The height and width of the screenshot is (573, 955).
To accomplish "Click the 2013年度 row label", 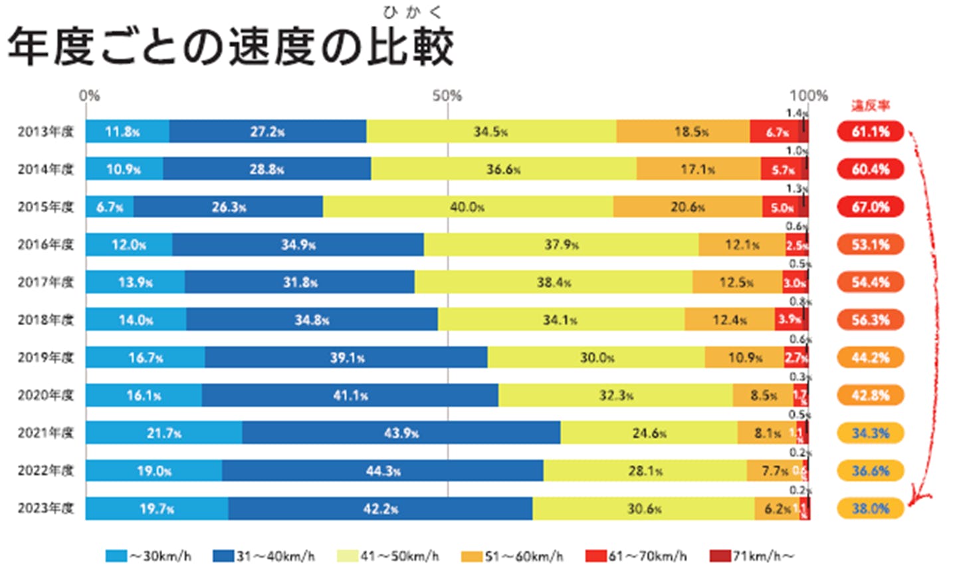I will tap(45, 132).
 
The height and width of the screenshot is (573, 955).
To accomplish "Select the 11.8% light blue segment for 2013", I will tap(127, 132).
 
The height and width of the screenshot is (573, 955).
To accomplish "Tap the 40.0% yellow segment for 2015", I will tap(467, 207).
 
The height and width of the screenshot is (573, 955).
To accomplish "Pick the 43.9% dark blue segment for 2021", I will tap(401, 433).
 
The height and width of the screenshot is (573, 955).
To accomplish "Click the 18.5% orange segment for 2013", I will tap(683, 132).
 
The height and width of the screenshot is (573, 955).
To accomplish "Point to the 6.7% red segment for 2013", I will tap(774, 132).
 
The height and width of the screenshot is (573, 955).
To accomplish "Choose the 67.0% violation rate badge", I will tap(870, 207).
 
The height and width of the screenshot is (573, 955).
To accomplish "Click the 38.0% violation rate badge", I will tap(870, 509).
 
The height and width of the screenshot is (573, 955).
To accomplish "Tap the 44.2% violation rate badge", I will tap(870, 358).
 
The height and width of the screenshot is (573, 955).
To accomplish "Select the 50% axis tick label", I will tap(447, 96).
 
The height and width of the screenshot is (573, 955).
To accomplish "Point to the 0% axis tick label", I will tap(89, 96).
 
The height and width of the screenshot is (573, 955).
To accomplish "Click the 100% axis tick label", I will tap(808, 96).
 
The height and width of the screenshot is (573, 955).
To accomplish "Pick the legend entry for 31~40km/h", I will tap(264, 556).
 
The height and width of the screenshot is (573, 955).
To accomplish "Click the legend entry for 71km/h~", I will tap(752, 556).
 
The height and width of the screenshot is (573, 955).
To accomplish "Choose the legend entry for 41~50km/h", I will tap(388, 556).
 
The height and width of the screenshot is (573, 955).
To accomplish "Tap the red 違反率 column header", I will tap(870, 106).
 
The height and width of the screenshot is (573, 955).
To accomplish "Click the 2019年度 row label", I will tap(45, 358).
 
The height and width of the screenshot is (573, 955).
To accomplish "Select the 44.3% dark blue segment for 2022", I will tap(383, 471).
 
